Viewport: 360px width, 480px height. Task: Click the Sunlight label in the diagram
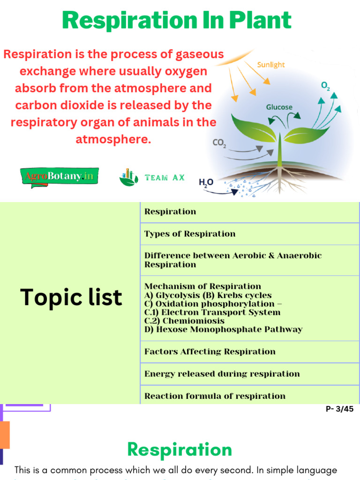(x=271, y=65)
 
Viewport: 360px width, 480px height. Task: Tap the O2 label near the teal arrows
(x=325, y=86)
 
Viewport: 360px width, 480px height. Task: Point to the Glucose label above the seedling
(x=279, y=107)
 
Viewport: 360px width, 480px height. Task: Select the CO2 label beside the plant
(x=219, y=142)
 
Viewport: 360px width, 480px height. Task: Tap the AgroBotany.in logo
(x=60, y=177)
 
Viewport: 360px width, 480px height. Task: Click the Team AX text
(x=165, y=177)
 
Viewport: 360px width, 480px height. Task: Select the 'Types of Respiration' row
(x=190, y=234)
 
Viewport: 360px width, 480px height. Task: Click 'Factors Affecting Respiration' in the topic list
(x=210, y=352)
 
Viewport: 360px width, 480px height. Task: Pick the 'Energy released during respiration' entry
(x=222, y=374)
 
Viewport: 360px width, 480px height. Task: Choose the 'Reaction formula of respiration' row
(x=215, y=396)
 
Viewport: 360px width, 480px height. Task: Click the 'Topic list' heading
(x=71, y=297)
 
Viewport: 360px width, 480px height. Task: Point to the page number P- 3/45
(x=339, y=409)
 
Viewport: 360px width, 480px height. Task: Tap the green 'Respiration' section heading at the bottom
(x=180, y=450)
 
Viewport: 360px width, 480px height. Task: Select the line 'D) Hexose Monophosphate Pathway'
(x=223, y=330)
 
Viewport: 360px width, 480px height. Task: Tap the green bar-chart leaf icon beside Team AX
(x=128, y=177)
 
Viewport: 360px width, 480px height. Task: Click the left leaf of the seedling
(x=254, y=128)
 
